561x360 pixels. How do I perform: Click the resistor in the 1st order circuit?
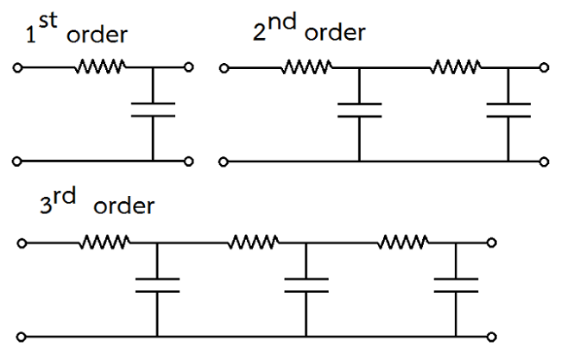103,65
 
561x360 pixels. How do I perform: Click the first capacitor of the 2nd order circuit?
358,109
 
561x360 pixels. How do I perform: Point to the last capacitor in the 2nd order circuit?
508,109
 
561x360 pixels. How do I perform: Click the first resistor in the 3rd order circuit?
106,241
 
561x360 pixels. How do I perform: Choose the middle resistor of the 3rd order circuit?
253,241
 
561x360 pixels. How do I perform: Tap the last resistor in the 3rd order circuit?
401,241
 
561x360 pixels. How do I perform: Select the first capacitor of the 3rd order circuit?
157,285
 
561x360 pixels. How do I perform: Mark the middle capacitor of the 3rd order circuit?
306,285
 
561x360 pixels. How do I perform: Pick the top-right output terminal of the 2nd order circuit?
544,66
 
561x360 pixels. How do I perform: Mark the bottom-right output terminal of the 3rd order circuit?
493,335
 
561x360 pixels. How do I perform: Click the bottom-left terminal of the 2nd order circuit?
224,161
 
